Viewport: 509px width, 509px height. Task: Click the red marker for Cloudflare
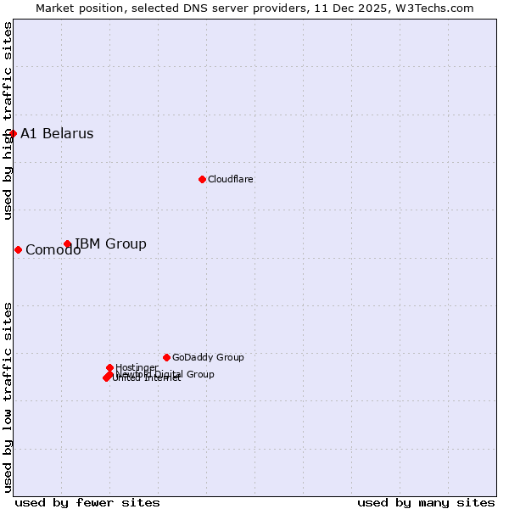[202, 179]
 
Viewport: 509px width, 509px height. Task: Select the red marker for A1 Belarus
[13, 133]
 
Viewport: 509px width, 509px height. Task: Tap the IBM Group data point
[67, 244]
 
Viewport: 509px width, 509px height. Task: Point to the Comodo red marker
[18, 249]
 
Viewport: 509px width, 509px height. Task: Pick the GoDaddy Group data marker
[166, 357]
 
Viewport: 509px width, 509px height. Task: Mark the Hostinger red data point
[109, 367]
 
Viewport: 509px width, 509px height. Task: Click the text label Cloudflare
[231, 179]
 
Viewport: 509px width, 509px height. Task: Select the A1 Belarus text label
[57, 133]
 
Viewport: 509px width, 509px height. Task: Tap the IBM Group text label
[110, 244]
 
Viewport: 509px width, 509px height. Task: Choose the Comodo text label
[53, 250]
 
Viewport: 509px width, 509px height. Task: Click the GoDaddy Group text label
[208, 357]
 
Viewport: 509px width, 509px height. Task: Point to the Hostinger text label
[137, 367]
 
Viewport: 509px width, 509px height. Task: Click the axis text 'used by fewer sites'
[87, 502]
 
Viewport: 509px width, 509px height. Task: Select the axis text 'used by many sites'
[426, 502]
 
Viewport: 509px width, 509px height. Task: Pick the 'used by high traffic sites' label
[8, 120]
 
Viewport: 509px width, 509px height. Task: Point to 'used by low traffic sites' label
[8, 396]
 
